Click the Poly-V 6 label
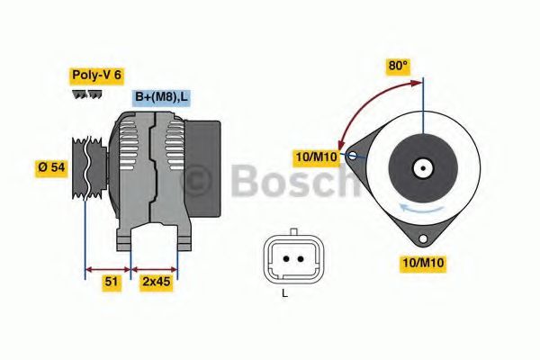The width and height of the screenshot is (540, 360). point(95,76)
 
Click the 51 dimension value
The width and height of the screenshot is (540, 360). point(111,282)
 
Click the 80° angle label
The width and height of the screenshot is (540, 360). point(398,66)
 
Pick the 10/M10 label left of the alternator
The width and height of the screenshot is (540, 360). point(317,158)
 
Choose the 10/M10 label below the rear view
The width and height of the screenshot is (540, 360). point(422,263)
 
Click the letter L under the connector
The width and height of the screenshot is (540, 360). point(284,293)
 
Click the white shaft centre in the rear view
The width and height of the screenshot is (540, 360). point(421,167)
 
